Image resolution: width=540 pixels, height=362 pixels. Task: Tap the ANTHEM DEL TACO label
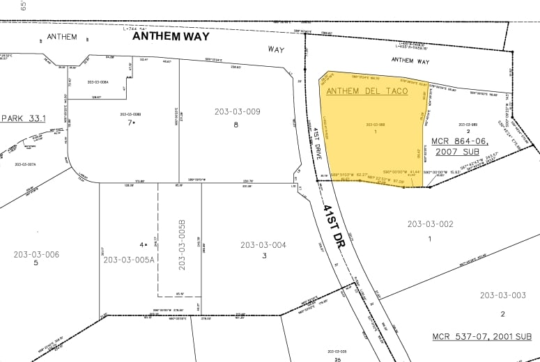pyautogui.click(x=367, y=91)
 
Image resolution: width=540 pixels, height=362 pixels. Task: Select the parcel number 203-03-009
pyautogui.click(x=237, y=111)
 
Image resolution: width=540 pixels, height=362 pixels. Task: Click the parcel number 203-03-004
pyautogui.click(x=263, y=245)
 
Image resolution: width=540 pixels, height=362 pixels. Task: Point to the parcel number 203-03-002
pyautogui.click(x=430, y=223)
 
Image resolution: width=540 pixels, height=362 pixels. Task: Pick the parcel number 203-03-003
pyautogui.click(x=503, y=295)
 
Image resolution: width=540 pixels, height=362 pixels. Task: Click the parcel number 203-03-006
pyautogui.click(x=36, y=254)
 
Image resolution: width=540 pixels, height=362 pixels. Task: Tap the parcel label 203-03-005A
pyautogui.click(x=128, y=260)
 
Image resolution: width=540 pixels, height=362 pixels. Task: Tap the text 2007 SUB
pyautogui.click(x=458, y=151)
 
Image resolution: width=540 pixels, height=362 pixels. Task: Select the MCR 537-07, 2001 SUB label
pyautogui.click(x=481, y=337)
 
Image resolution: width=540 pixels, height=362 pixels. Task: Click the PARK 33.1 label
pyautogui.click(x=22, y=118)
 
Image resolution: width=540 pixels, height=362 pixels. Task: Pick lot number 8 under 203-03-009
pyautogui.click(x=236, y=125)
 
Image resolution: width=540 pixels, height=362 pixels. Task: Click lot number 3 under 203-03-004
pyautogui.click(x=264, y=255)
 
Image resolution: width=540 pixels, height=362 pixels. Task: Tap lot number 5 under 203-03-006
pyautogui.click(x=36, y=262)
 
